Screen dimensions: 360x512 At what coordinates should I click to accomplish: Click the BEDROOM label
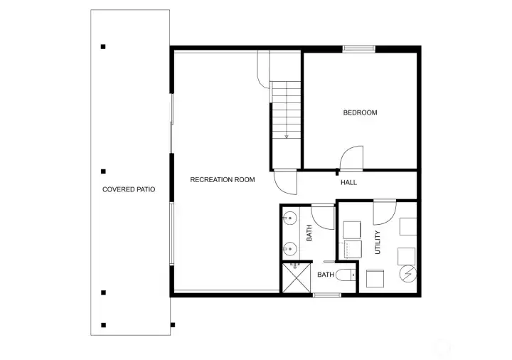point(360,112)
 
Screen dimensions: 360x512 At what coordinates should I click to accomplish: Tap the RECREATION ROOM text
point(222,180)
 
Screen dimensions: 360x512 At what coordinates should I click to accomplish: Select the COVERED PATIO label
point(128,189)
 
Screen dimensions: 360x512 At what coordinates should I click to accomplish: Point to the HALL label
point(348,183)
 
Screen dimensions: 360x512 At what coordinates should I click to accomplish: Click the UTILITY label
point(377,242)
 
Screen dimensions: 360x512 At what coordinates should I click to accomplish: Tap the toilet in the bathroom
point(346,277)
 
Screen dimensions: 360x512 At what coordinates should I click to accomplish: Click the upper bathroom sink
point(289,218)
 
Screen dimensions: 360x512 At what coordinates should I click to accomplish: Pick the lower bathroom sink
point(289,248)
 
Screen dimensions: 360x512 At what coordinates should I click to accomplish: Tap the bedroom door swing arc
point(353,157)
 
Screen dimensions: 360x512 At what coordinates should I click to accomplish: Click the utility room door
point(385,212)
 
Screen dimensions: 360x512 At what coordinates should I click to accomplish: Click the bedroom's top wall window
point(358,49)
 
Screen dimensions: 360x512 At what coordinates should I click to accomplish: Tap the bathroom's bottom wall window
point(326,295)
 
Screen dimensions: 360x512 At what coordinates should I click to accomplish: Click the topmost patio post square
point(103,47)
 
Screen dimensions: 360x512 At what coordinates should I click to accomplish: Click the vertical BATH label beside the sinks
point(309,233)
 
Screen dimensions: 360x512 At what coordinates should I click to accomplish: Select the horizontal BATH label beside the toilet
point(326,275)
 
